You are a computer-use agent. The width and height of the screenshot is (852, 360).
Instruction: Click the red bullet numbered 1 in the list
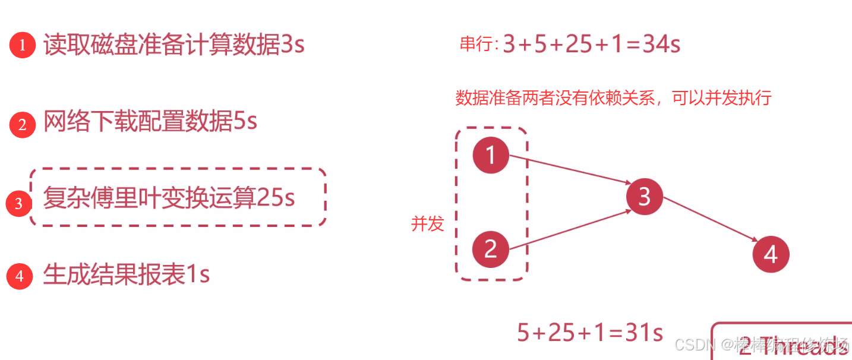pos(23,46)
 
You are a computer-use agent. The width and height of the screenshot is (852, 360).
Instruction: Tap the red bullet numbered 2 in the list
pos(23,125)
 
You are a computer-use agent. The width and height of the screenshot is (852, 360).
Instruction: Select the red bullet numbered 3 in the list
pos(18,204)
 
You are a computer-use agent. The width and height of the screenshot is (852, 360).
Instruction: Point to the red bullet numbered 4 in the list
pos(20,276)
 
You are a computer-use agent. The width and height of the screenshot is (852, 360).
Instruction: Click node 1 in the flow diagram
pos(491,155)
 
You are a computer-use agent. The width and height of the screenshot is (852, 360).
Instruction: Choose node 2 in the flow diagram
pos(490,249)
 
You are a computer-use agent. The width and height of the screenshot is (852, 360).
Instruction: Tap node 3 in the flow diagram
pos(645,197)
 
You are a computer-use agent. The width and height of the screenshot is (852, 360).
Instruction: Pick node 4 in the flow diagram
pos(771,254)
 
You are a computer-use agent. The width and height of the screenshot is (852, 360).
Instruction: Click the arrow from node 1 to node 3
pos(570,170)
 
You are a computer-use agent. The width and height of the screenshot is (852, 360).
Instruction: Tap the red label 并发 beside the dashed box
pos(428,224)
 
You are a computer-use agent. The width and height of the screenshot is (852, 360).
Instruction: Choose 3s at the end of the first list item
pos(292,45)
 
